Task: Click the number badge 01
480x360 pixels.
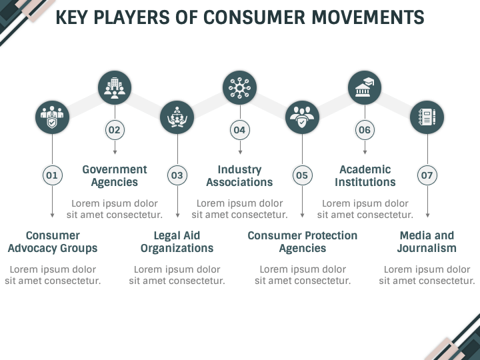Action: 52,175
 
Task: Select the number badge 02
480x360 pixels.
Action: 115,130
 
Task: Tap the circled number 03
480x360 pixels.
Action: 177,175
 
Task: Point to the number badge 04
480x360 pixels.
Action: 240,130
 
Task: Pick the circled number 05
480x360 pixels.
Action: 302,175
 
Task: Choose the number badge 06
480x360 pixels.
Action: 365,130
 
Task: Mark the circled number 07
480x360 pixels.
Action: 427,175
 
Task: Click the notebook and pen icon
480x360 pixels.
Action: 427,117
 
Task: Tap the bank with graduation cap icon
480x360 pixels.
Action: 365,87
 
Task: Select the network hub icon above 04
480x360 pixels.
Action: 240,88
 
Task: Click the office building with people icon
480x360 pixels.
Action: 115,88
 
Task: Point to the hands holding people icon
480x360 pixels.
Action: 177,117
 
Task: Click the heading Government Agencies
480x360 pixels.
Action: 115,176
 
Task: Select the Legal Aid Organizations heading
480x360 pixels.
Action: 177,242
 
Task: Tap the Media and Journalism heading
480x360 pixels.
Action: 427,242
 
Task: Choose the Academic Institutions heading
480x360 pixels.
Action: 365,176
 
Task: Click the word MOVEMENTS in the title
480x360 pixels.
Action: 368,17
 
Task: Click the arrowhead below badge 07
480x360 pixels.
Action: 427,215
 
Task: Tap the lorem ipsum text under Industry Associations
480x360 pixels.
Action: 240,209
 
